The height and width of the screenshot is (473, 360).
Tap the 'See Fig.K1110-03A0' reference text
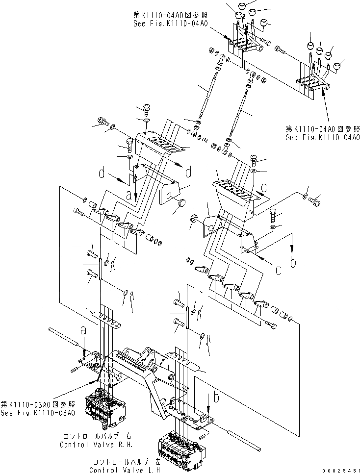click(38, 412)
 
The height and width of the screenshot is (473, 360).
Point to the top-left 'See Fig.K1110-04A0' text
click(170, 23)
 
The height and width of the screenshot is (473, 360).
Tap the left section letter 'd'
click(101, 173)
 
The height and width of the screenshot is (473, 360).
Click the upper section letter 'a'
click(129, 195)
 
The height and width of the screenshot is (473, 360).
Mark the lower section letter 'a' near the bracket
click(83, 331)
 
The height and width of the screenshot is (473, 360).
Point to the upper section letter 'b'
click(293, 263)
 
